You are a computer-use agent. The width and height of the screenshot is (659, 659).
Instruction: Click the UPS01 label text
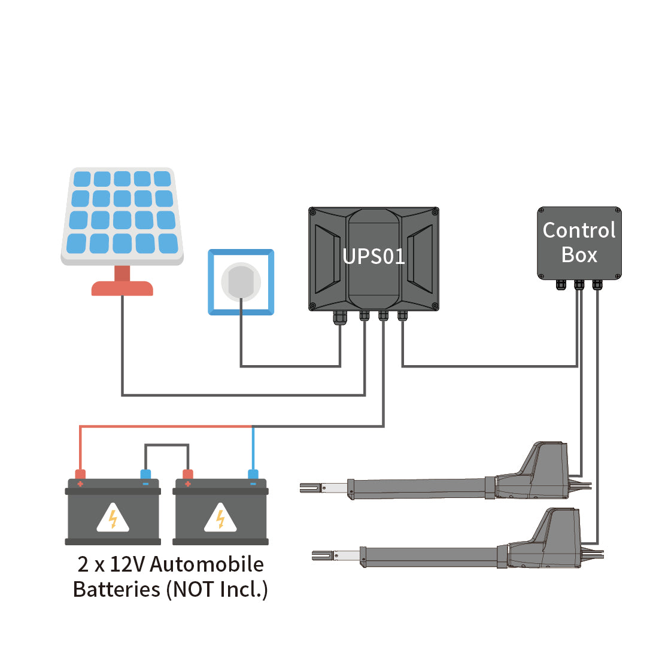[373, 256]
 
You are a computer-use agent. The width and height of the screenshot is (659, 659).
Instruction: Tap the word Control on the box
[579, 230]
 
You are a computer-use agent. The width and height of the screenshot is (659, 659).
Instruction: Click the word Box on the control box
[579, 255]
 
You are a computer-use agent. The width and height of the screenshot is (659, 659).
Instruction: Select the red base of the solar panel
[122, 288]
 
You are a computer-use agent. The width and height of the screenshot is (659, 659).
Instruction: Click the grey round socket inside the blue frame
[241, 281]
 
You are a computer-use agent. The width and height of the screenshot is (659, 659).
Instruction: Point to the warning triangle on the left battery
[113, 518]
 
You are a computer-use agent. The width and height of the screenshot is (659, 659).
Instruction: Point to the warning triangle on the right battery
[220, 518]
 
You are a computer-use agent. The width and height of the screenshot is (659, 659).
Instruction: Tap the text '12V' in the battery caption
[126, 564]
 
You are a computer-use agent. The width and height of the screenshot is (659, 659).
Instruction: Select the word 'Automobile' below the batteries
[206, 564]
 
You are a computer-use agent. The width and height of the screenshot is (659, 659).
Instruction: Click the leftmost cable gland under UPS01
[340, 317]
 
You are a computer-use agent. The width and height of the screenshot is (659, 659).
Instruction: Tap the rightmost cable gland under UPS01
[402, 315]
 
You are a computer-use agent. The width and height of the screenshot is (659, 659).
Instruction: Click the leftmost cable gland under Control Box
[560, 284]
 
